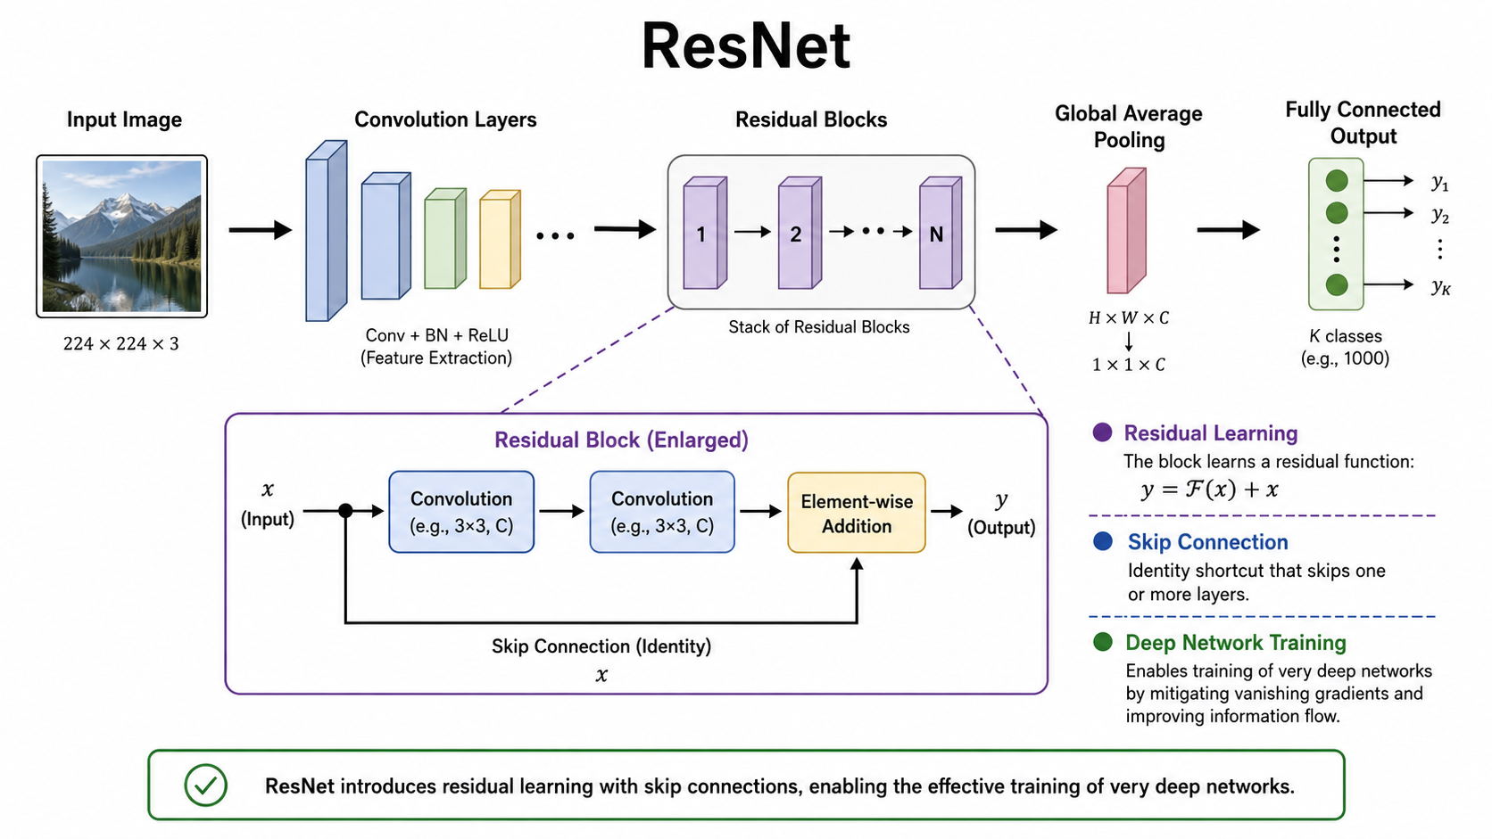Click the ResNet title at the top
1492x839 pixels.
click(x=745, y=46)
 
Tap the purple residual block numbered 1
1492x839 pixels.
click(x=705, y=233)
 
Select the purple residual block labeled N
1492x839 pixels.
click(x=941, y=233)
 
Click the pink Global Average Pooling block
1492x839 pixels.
click(x=1126, y=230)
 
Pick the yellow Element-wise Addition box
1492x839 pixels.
click(x=857, y=513)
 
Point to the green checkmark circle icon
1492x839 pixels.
click(x=206, y=786)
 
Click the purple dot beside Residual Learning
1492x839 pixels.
click(x=1102, y=432)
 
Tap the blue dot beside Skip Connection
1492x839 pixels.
click(x=1103, y=541)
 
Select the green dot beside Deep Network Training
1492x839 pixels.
click(x=1103, y=642)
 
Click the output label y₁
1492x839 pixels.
click(x=1440, y=182)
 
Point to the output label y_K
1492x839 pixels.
click(x=1441, y=287)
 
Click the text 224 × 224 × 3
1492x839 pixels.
click(x=121, y=344)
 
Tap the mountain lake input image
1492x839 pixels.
click(x=122, y=236)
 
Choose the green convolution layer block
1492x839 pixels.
click(x=445, y=238)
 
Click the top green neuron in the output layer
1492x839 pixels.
click(x=1337, y=180)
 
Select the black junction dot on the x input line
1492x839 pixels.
click(x=345, y=511)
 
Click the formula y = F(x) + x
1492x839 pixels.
click(x=1210, y=489)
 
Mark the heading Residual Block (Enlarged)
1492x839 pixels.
click(x=621, y=440)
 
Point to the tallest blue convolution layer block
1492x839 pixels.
click(x=327, y=231)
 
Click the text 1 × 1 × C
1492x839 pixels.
click(x=1128, y=365)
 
